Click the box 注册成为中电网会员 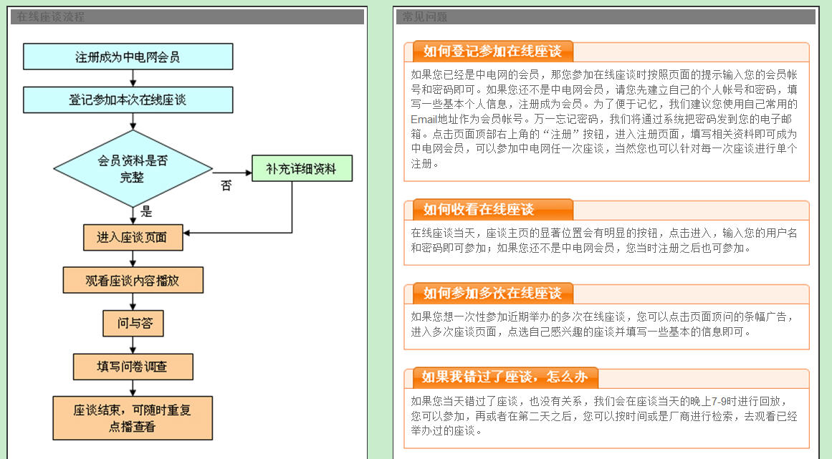point(128,57)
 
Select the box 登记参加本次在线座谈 point(128,100)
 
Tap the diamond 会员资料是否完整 point(133,168)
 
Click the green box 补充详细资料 point(302,168)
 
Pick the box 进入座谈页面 point(133,238)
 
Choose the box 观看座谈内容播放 point(133,281)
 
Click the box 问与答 point(133,324)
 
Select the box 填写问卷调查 point(133,367)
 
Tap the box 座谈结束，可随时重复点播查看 point(133,418)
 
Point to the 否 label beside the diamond point(226,185)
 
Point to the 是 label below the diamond point(146,212)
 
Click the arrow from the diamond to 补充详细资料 point(232,173)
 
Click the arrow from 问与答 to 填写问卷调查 point(133,345)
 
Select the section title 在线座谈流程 point(50,17)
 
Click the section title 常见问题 point(424,17)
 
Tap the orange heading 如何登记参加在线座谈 point(492,51)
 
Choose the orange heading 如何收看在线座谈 point(479,209)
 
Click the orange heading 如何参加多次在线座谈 point(492,293)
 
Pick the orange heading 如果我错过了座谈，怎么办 point(505,377)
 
